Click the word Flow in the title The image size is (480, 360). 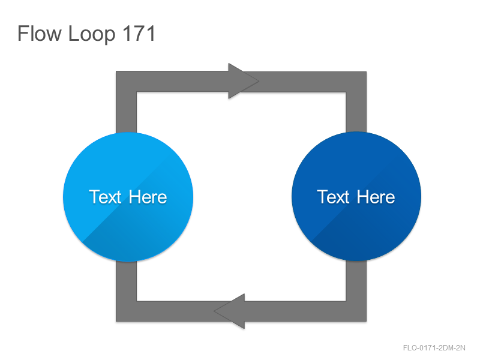click(40, 34)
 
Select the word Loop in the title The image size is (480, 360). click(92, 34)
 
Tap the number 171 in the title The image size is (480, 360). click(139, 34)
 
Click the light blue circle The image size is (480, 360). click(128, 197)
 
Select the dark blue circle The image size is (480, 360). click(356, 197)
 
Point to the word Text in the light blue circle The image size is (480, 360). click(106, 197)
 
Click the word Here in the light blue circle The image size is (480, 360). click(148, 197)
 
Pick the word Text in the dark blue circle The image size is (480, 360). click(333, 197)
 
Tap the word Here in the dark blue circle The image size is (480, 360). click(376, 197)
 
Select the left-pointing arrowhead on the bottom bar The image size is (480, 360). click(230, 311)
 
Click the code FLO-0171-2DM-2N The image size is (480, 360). click(434, 348)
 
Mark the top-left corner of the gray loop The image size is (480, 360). click(116, 71)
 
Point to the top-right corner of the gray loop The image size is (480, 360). click(367, 71)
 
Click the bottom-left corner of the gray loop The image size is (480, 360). click(116, 322)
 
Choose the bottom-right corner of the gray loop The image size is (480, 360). click(367, 322)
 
